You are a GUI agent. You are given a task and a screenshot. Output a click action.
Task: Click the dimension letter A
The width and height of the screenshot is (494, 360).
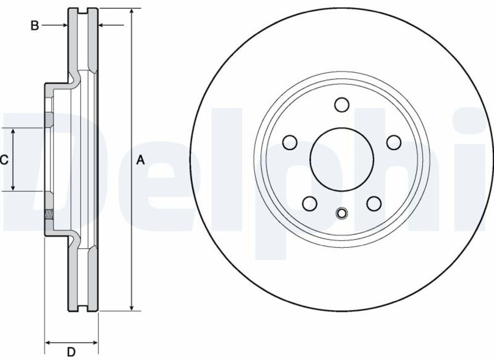pyautogui.click(x=140, y=160)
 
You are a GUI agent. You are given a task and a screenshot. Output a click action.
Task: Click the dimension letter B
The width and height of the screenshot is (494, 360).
pyautogui.click(x=35, y=26)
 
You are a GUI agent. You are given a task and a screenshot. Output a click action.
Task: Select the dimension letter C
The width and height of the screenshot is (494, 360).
pyautogui.click(x=4, y=160)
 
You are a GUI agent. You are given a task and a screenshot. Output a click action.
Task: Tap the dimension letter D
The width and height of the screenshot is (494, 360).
pyautogui.click(x=71, y=352)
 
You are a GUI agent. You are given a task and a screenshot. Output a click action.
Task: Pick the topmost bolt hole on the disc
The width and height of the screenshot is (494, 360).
pyautogui.click(x=342, y=105)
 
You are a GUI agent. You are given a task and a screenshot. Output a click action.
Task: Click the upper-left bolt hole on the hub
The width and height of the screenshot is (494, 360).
pyautogui.click(x=290, y=143)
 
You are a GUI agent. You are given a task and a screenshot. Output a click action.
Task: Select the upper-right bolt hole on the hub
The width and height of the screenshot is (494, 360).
pyautogui.click(x=394, y=143)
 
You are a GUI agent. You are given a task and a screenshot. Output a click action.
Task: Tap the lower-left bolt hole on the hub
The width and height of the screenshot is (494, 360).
pyautogui.click(x=310, y=203)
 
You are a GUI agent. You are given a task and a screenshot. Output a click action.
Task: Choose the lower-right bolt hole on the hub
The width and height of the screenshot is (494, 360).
pyautogui.click(x=374, y=203)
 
